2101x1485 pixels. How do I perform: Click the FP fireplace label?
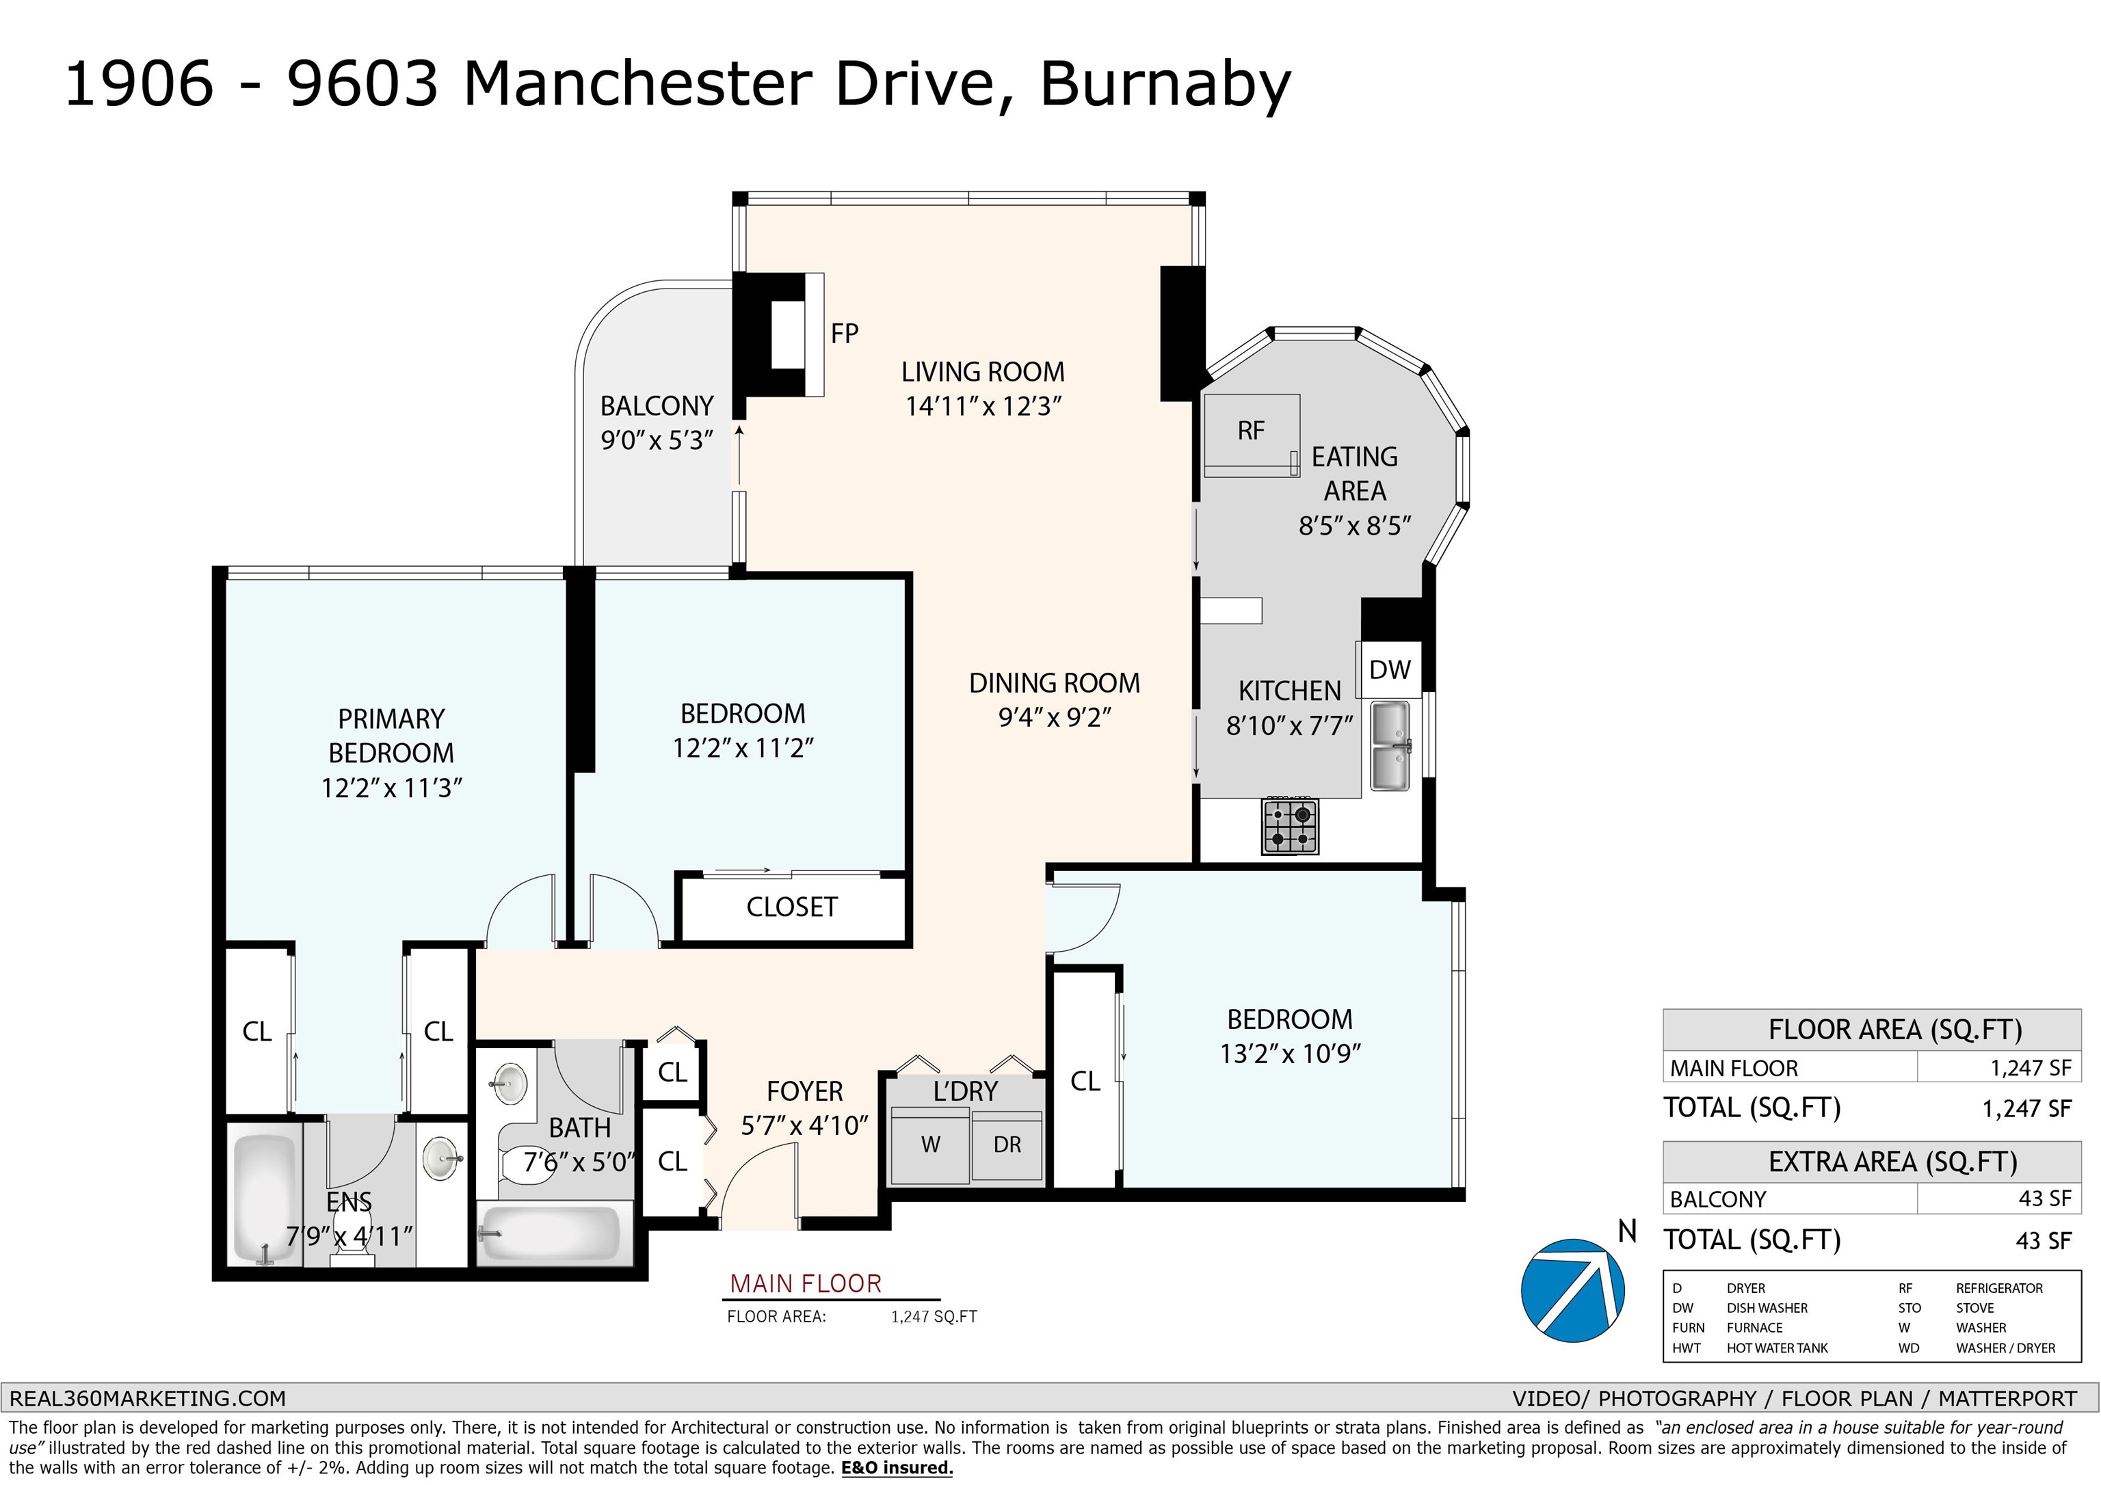click(x=845, y=334)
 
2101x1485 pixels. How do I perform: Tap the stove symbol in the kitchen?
click(x=1291, y=825)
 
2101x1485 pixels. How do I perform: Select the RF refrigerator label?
click(x=1251, y=431)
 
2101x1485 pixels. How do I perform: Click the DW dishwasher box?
click(x=1389, y=670)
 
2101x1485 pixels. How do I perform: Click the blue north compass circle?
click(x=1573, y=1291)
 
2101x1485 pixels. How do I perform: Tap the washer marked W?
click(x=929, y=1146)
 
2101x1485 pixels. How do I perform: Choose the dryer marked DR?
click(x=1007, y=1146)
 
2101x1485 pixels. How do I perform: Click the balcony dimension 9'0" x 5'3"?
click(x=656, y=440)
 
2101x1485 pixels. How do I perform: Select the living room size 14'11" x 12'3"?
click(x=983, y=405)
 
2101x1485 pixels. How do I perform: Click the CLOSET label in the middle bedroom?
click(x=791, y=907)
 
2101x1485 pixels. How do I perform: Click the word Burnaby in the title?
click(x=1165, y=84)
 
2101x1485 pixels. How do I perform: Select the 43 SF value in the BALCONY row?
click(x=2044, y=1199)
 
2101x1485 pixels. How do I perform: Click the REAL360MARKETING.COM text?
click(x=147, y=1398)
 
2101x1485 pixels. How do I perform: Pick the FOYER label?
click(x=804, y=1092)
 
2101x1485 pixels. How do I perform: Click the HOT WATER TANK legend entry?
click(x=1777, y=1348)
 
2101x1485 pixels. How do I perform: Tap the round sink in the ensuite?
click(x=444, y=1160)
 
